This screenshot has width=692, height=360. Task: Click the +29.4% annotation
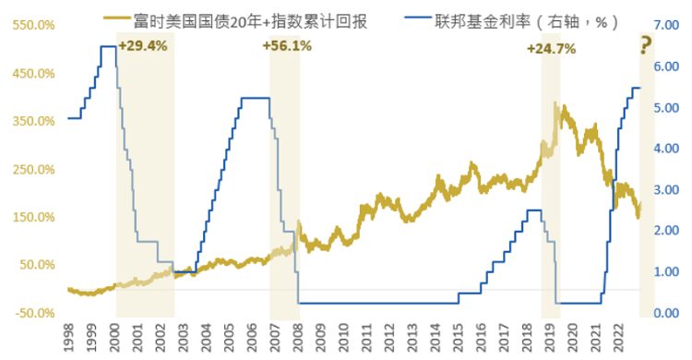coord(143,46)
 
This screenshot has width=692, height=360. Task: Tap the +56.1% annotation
coord(287,46)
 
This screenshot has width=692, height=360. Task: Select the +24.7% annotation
coord(551,49)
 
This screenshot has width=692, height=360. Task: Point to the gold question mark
coord(646,45)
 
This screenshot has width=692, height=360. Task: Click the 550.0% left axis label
coord(33,25)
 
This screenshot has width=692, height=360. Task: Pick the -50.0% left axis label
coord(35,313)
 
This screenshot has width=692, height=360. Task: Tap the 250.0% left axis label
coord(33,170)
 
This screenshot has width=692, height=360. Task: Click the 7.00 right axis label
coord(666,25)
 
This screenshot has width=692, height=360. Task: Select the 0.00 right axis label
coord(666,313)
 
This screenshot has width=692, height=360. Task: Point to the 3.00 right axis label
coord(666,190)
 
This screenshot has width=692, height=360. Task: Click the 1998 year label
coord(69,338)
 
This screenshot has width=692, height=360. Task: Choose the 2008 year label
coord(298,338)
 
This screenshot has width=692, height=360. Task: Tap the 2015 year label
coord(458,338)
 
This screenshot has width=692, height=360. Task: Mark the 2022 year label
coord(618,338)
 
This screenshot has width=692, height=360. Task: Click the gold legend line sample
coord(117,18)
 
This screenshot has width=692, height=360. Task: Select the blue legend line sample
coord(417,18)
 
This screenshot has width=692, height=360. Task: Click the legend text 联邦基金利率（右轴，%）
coord(528,21)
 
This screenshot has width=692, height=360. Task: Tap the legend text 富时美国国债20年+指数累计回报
coord(250,21)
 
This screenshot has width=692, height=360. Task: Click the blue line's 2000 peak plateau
coord(109,46)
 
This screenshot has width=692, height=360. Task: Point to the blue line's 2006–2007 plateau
coord(256,98)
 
